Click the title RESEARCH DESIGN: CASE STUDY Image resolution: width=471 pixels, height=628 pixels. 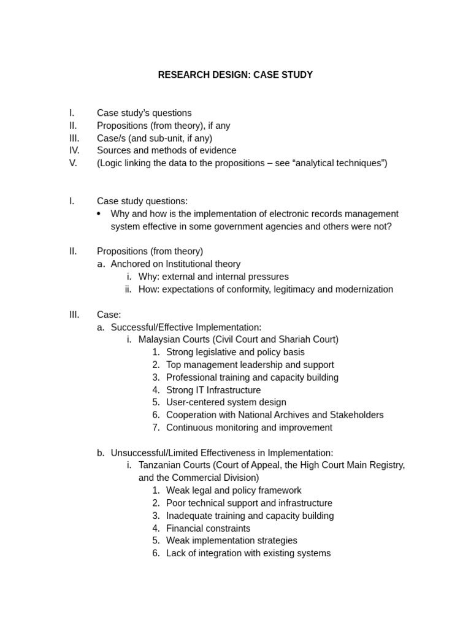click(235, 75)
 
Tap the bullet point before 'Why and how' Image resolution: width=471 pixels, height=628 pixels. click(99, 213)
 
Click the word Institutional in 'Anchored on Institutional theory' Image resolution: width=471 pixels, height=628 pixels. click(183, 264)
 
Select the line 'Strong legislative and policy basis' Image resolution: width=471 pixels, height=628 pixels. click(235, 352)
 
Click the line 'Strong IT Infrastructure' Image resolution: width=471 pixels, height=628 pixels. click(213, 390)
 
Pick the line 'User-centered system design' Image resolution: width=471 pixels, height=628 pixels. click(226, 402)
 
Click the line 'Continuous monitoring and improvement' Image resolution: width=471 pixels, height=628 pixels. click(249, 427)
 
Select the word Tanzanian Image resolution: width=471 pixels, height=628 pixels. click(161, 465)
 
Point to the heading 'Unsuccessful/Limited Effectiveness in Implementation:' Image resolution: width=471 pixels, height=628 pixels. click(221, 453)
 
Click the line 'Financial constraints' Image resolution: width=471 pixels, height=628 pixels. click(208, 528)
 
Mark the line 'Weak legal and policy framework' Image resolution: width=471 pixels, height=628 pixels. click(234, 491)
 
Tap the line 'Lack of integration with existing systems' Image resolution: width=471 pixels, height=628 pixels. click(248, 553)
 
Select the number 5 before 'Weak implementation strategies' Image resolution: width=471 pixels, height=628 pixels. click(156, 540)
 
